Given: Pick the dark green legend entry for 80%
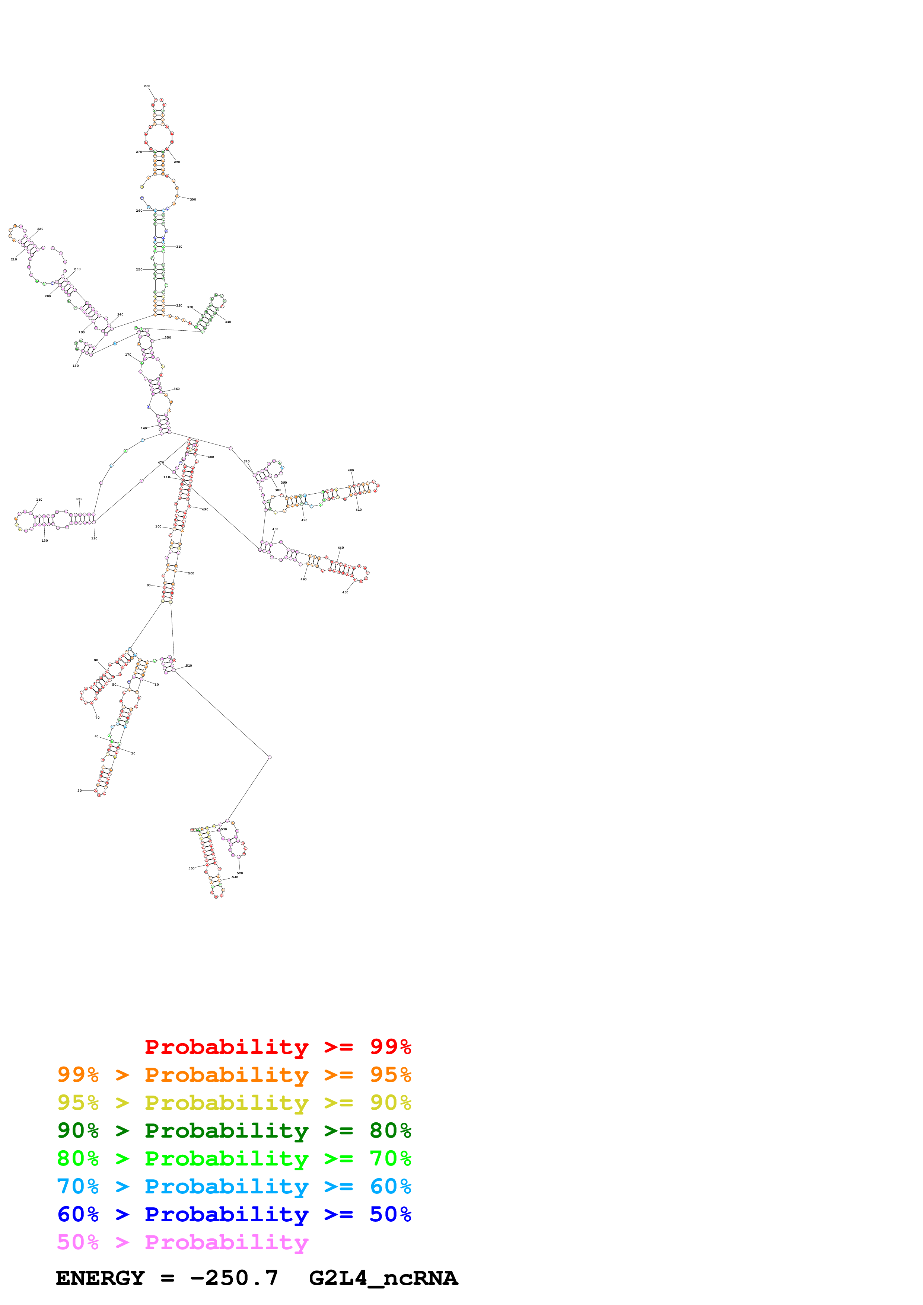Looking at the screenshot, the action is (x=234, y=1131).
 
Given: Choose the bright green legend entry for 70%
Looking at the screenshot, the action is (x=234, y=1158).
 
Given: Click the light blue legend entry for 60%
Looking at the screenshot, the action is (x=234, y=1186).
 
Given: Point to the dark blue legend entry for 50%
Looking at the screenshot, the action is (x=234, y=1214).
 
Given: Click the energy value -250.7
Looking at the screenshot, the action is (x=234, y=1278).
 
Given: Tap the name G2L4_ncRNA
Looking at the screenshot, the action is (x=383, y=1278).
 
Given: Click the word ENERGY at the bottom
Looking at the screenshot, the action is (x=100, y=1278).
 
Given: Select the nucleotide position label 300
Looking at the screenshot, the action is (x=193, y=199).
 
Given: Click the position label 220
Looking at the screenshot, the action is (x=40, y=229).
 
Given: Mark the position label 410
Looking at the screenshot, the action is (x=358, y=510).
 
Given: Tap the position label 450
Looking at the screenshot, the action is (x=345, y=592).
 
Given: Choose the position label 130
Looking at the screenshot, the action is (x=44, y=541).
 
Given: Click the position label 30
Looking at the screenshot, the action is (x=80, y=791).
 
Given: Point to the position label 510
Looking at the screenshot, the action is (x=189, y=666).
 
